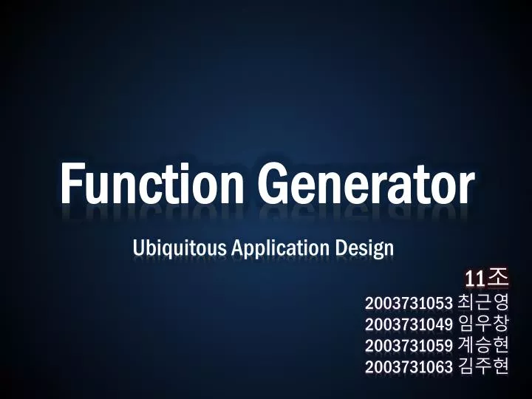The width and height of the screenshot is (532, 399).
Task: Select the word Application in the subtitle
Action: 280,248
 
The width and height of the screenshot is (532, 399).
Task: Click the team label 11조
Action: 486,278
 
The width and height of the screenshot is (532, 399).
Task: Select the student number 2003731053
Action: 408,302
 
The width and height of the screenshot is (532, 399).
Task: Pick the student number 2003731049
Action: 408,324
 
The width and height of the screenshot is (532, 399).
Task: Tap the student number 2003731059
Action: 408,345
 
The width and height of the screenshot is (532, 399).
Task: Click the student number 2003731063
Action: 408,366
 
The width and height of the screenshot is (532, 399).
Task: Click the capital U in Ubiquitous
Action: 138,247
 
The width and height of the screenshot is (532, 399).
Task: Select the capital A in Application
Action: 237,247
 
